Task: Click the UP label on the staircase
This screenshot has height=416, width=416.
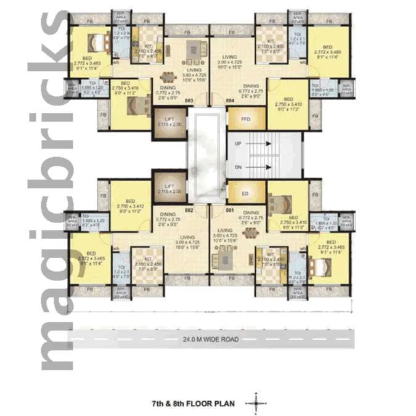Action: click(x=238, y=142)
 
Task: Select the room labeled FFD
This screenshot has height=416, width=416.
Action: click(x=245, y=118)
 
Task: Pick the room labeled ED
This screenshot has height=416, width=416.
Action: click(x=245, y=192)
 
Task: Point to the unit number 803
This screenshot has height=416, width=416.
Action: click(x=189, y=100)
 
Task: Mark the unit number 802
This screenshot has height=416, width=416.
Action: click(x=189, y=210)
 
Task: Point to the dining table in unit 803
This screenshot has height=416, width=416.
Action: click(x=166, y=78)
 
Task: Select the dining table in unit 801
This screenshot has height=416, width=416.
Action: click(x=251, y=232)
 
